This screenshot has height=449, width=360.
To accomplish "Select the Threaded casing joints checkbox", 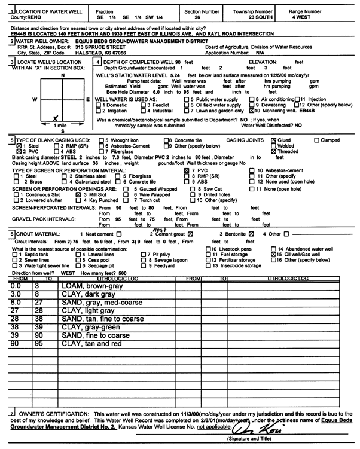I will click(274, 151).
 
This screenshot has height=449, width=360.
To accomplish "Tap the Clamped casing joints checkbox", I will click(316, 139).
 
